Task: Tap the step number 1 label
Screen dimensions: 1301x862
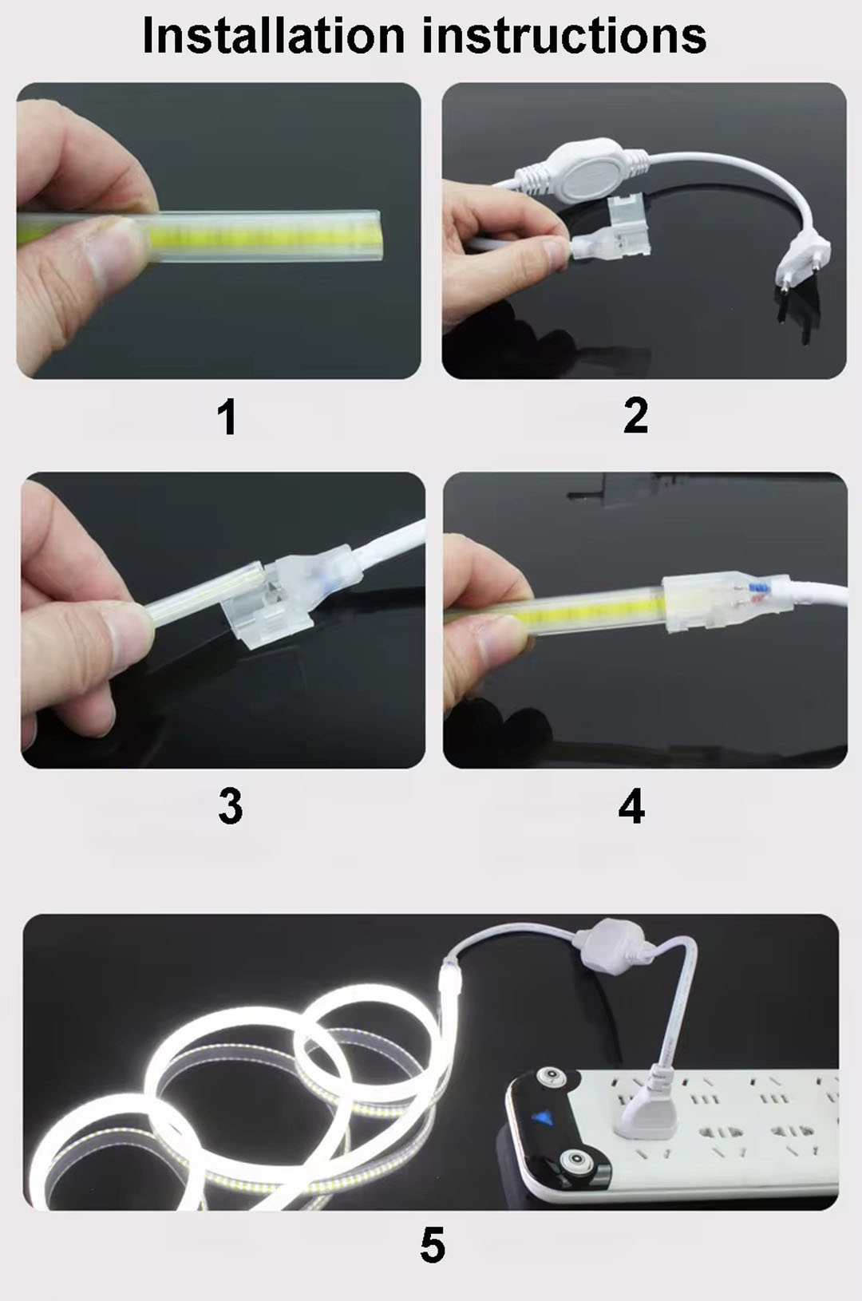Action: pos(227,417)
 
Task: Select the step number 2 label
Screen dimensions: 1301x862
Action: pos(635,416)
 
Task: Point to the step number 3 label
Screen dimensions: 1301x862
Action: pos(230,806)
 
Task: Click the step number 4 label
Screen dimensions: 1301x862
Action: pos(631,806)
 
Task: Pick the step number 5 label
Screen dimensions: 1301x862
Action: pos(432,1245)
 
